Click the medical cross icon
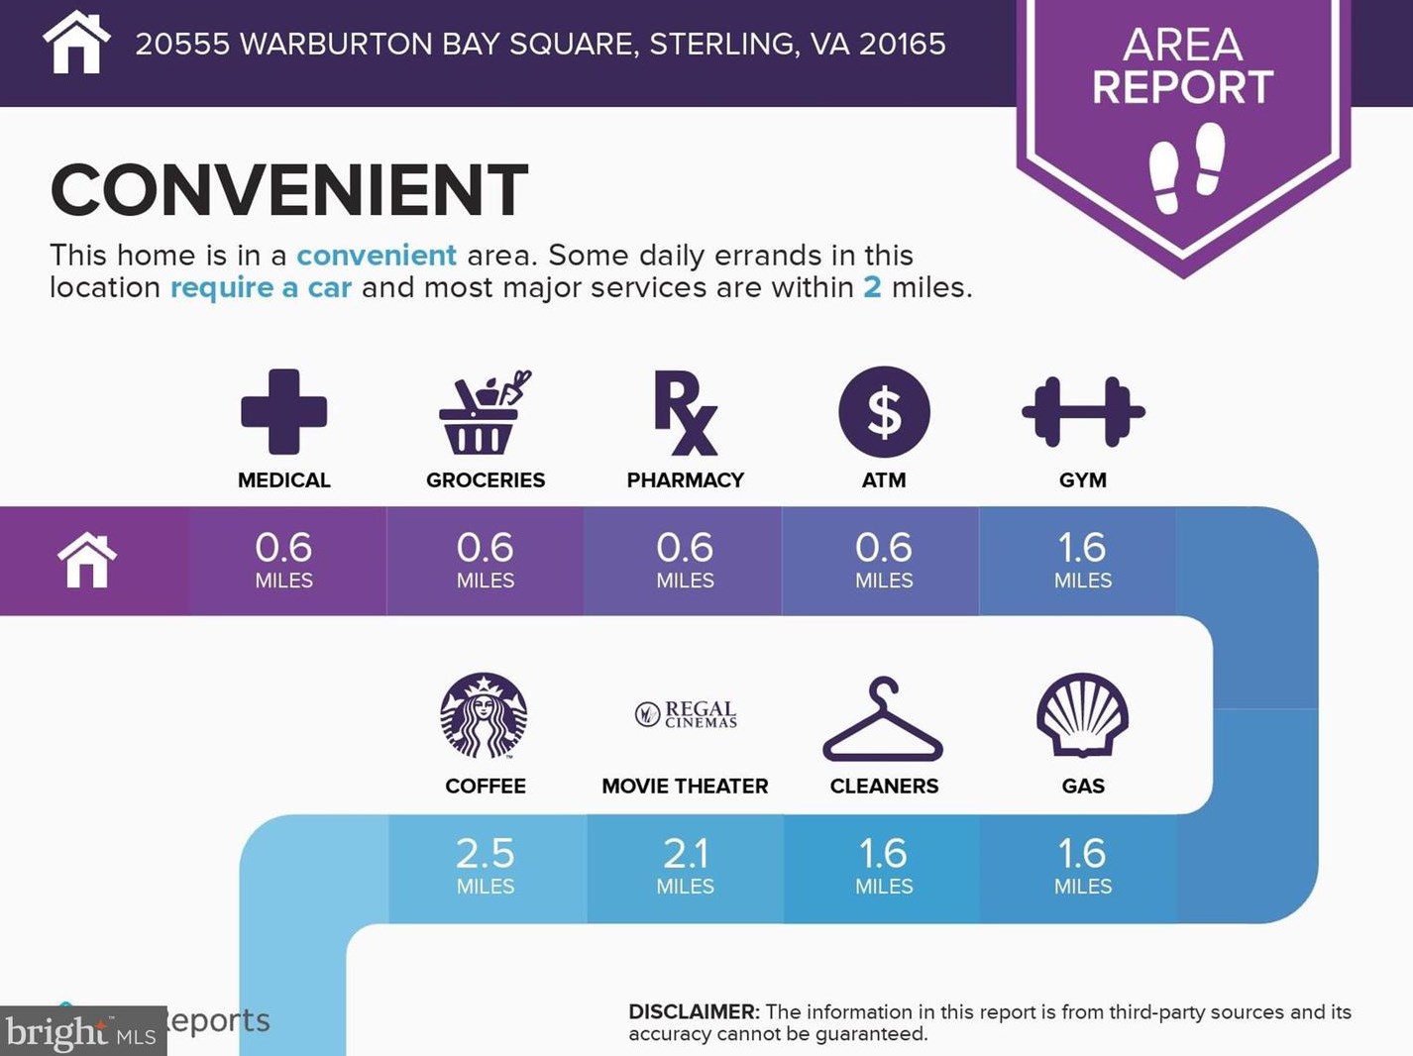283,411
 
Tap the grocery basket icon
485,412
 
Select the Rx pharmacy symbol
685,412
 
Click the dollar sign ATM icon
884,412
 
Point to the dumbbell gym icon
1083,412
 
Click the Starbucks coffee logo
485,715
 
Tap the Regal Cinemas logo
686,713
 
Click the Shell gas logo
1083,714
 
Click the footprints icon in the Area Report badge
1186,168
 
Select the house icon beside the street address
76,43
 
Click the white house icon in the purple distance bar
87,560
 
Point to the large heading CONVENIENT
289,190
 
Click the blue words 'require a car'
261,287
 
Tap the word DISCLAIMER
694,1011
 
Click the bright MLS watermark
82,1031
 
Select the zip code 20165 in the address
903,44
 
